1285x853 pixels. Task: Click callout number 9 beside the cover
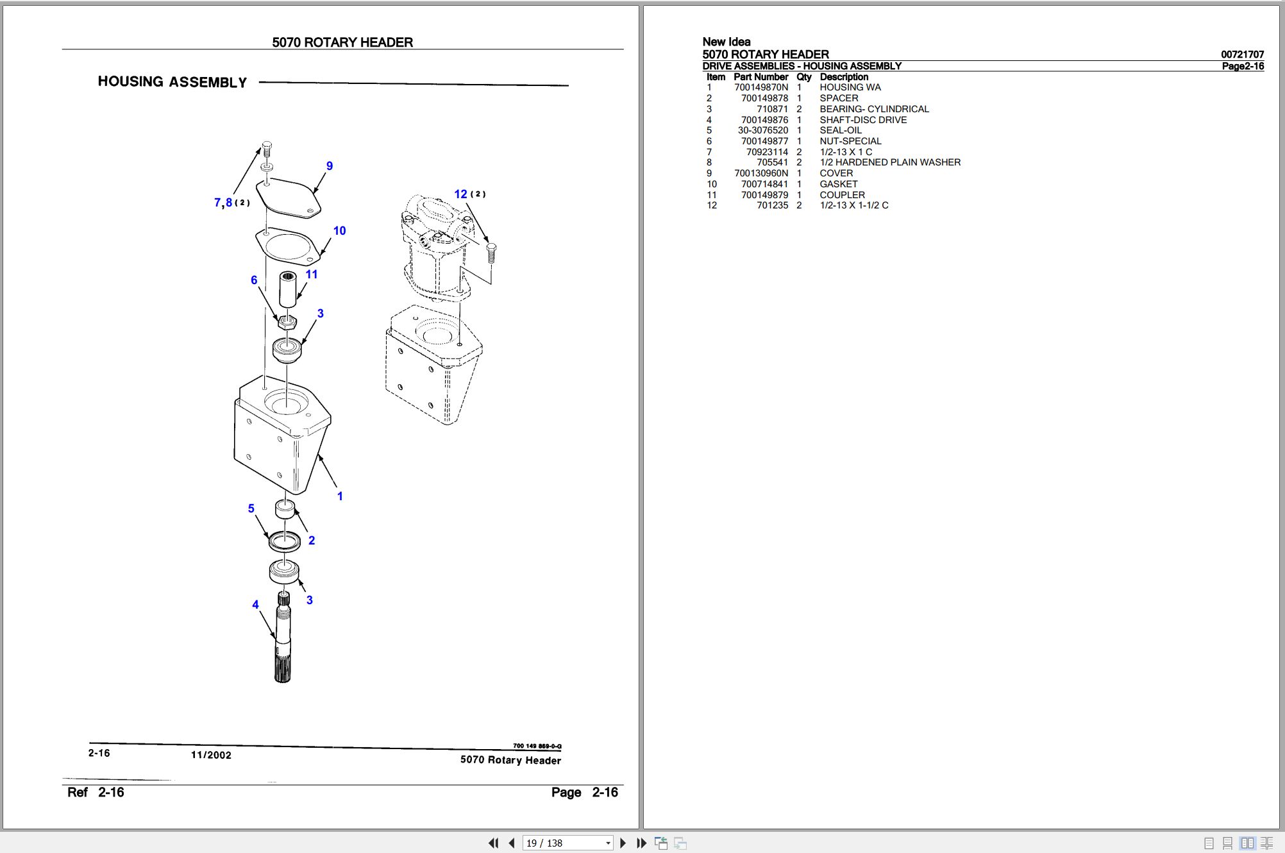coord(330,166)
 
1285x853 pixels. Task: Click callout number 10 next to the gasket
coord(339,231)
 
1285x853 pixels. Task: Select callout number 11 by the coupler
coord(312,274)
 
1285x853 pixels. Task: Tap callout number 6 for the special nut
coord(254,280)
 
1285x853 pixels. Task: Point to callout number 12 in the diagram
coord(460,194)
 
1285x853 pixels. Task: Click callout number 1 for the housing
coord(340,496)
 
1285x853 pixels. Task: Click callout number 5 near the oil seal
coord(251,509)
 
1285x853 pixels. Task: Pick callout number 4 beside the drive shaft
coord(255,605)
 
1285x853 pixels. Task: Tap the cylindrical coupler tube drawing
coord(288,290)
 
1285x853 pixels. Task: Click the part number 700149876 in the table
coord(764,120)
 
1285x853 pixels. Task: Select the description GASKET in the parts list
coord(838,184)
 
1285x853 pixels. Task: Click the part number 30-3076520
coord(762,130)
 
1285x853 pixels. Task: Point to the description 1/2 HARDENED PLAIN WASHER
coord(889,162)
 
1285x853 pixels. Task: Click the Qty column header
coord(803,77)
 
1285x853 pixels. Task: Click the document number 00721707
coord(1242,55)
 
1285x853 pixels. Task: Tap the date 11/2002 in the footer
coord(211,755)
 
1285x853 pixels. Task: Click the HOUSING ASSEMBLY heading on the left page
coord(172,82)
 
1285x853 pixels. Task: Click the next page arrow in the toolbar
coord(623,843)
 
